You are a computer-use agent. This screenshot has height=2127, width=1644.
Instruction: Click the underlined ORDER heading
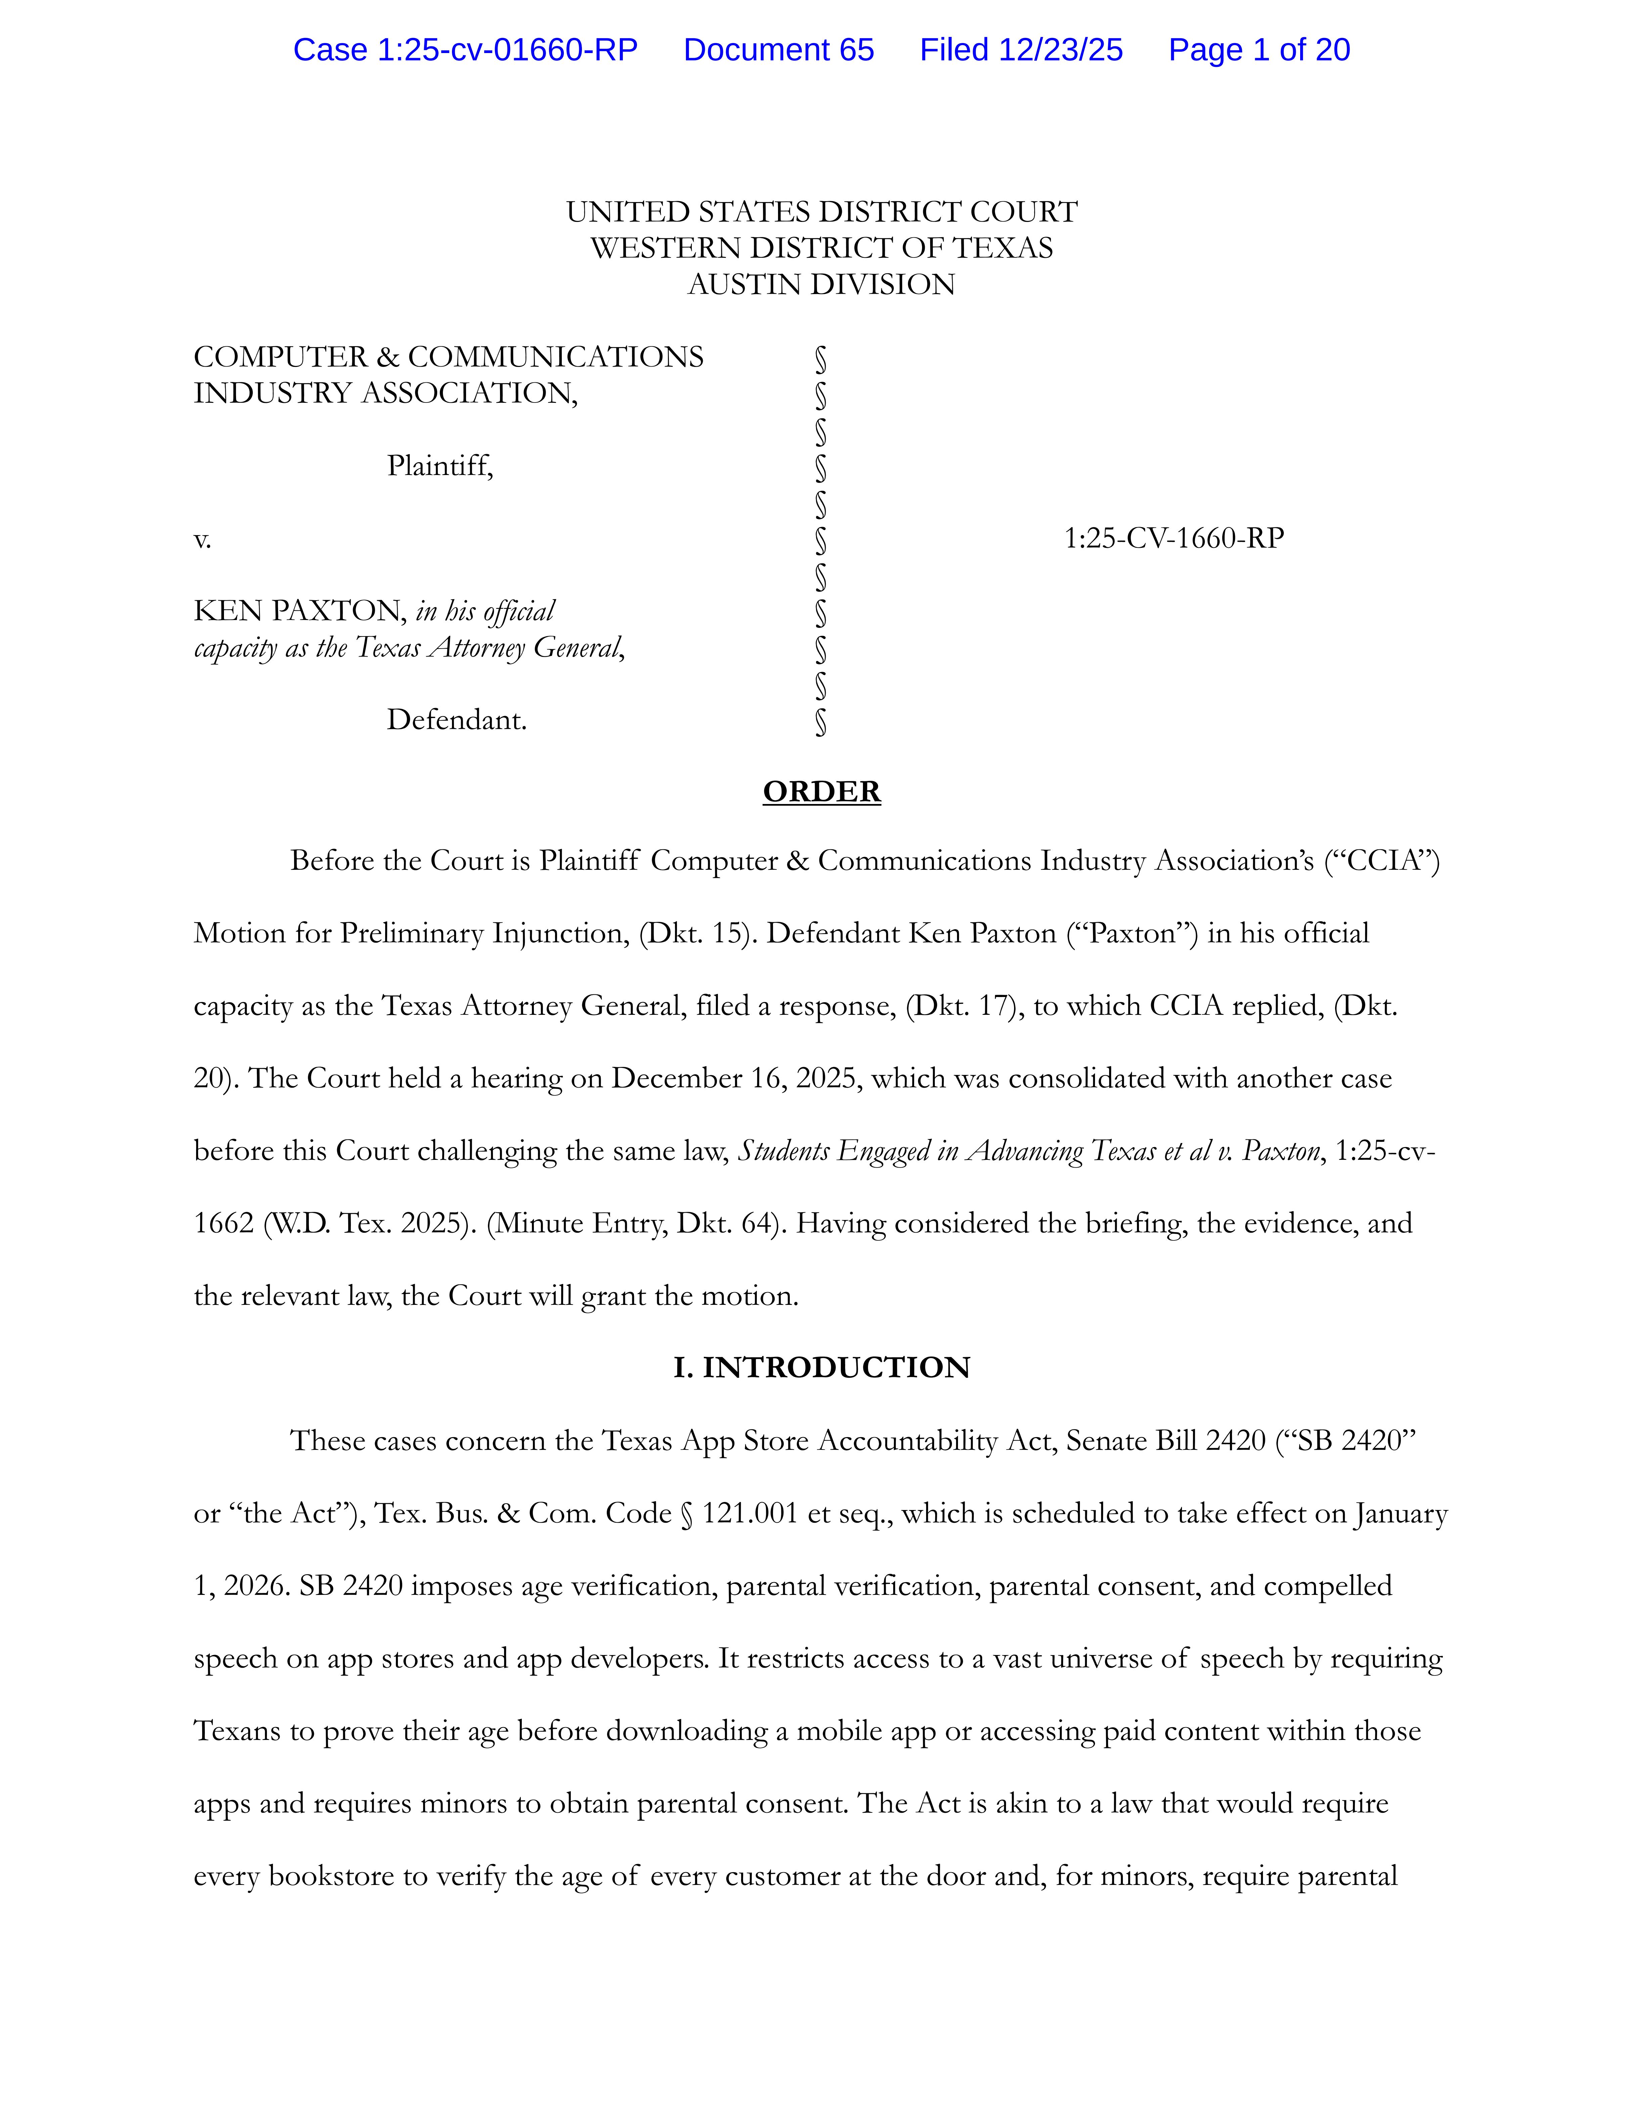[821, 791]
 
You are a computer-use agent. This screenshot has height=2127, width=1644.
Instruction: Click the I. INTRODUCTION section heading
[821, 1367]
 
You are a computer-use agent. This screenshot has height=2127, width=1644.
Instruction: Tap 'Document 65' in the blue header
[778, 50]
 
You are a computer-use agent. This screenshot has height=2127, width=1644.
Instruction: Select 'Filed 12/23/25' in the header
[1021, 50]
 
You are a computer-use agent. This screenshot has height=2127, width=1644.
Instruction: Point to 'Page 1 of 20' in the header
[1258, 50]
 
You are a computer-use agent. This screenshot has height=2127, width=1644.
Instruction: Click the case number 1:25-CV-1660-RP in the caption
[1174, 538]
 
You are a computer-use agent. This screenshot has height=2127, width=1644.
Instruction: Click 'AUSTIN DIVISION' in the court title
[821, 284]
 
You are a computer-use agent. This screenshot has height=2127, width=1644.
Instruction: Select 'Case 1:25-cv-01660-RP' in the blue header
[465, 50]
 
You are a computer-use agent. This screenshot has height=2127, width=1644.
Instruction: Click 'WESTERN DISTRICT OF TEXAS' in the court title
[821, 248]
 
